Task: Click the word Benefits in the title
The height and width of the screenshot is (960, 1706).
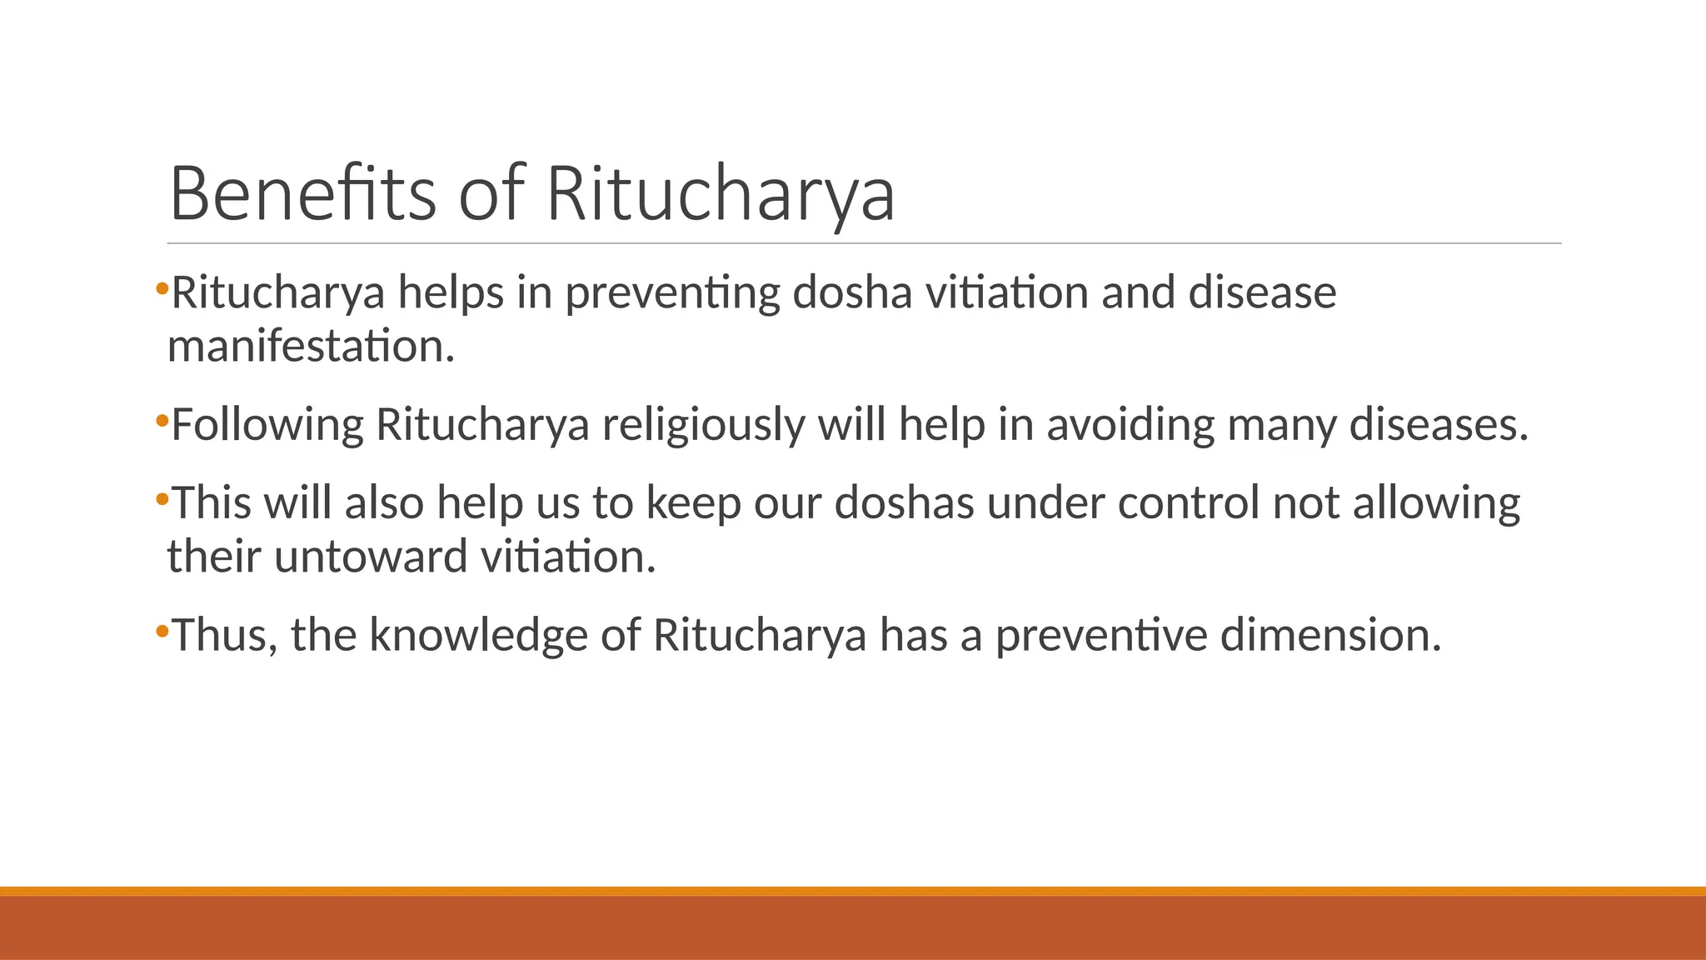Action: click(x=302, y=193)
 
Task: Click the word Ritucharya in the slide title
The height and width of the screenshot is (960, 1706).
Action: click(x=721, y=193)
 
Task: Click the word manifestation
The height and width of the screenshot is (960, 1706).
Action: click(x=311, y=346)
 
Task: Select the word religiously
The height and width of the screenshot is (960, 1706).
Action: click(x=703, y=424)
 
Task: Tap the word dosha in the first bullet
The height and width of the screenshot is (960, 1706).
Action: click(x=852, y=292)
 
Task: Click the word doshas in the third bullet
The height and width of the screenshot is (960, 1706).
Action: click(x=904, y=503)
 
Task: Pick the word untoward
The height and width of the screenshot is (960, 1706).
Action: click(x=371, y=557)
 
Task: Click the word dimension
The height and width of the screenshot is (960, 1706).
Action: click(x=1330, y=635)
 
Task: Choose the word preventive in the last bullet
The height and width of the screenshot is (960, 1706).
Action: click(x=1101, y=635)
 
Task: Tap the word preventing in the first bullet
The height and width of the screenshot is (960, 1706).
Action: click(x=672, y=294)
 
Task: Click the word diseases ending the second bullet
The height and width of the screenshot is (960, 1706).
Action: click(x=1438, y=424)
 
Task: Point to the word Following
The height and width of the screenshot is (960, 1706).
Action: click(x=267, y=424)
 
